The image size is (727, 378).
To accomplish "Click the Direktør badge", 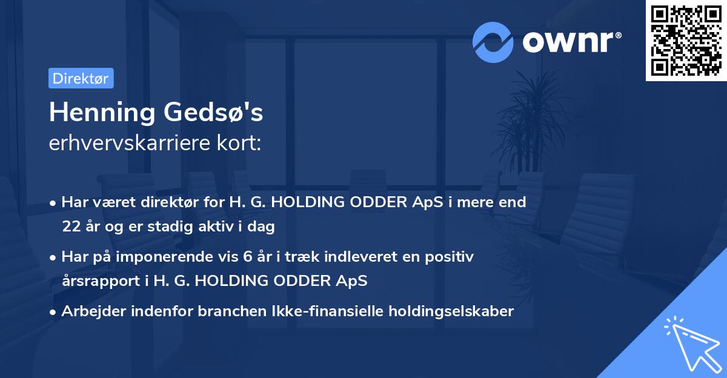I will (x=81, y=78).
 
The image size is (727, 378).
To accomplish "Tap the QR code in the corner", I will (x=686, y=40).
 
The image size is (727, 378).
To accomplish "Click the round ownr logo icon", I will (x=493, y=42).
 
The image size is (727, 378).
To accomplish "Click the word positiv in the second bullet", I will (x=452, y=257).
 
